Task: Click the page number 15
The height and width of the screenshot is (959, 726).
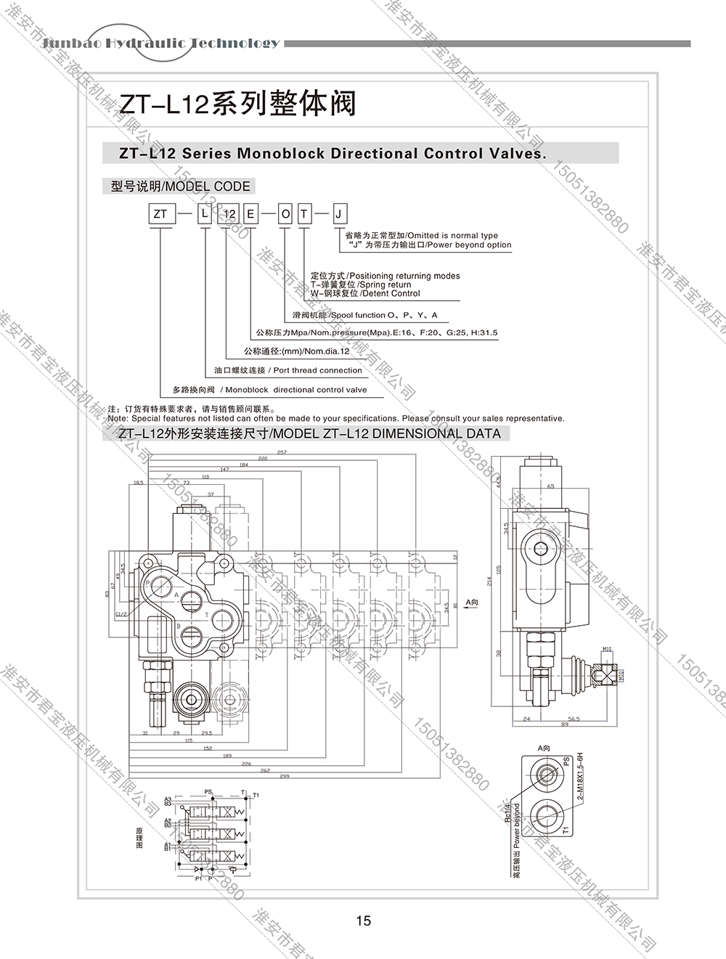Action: tap(364, 921)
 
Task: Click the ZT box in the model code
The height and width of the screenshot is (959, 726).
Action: tap(160, 214)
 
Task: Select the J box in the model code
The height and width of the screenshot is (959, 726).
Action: tap(340, 214)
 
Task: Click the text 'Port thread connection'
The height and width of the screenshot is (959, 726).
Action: tap(317, 370)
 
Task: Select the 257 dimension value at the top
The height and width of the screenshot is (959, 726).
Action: tap(282, 452)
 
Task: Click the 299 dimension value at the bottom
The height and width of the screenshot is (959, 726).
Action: tap(284, 776)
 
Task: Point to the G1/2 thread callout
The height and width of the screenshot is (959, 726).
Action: tap(121, 615)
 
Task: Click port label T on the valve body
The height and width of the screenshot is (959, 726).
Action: tap(207, 615)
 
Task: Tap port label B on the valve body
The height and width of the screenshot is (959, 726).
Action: tap(178, 625)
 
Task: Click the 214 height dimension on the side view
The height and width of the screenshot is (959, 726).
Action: tap(490, 581)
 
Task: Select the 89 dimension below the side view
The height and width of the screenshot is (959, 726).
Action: tap(563, 723)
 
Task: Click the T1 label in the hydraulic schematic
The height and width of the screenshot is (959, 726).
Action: tap(256, 795)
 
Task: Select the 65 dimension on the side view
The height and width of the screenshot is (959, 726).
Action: tap(550, 486)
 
